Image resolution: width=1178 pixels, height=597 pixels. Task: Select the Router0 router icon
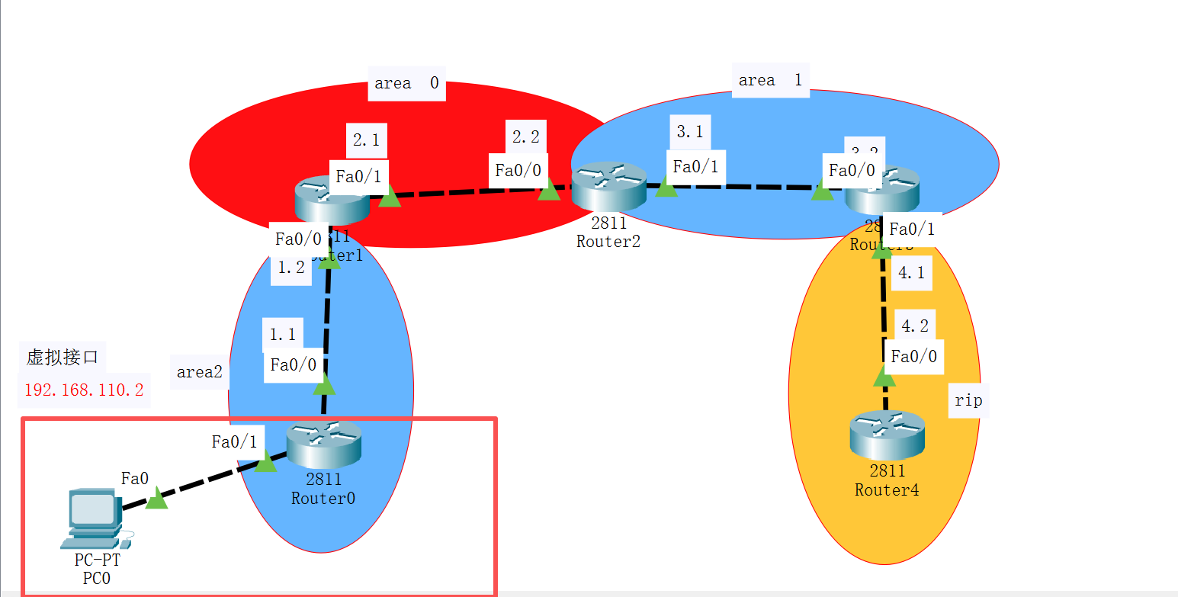(x=323, y=444)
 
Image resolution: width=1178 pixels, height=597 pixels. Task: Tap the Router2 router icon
(x=608, y=185)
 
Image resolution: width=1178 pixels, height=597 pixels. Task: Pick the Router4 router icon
(x=887, y=434)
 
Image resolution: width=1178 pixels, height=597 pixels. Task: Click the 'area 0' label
(x=407, y=83)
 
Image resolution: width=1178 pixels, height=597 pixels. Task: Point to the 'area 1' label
(x=770, y=80)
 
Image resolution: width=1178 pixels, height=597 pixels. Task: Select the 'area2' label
(x=200, y=372)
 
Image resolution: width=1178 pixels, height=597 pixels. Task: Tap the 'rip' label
(x=968, y=400)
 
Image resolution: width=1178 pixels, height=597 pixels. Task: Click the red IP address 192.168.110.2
(x=84, y=390)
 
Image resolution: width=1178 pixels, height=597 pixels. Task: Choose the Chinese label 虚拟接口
(x=63, y=357)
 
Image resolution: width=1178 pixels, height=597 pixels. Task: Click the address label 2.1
(x=366, y=140)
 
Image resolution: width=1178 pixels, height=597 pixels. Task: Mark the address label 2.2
(x=526, y=137)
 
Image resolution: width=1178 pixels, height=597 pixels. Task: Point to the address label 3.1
(x=690, y=132)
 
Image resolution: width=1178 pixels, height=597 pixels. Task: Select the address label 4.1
(x=912, y=273)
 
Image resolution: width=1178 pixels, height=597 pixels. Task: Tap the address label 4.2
(x=915, y=326)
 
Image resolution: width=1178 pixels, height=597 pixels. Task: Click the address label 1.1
(x=282, y=335)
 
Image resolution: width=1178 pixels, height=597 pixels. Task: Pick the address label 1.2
(x=291, y=268)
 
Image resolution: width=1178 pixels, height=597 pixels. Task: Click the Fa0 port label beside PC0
(x=135, y=478)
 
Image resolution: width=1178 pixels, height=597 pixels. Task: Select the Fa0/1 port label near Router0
(x=234, y=441)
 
